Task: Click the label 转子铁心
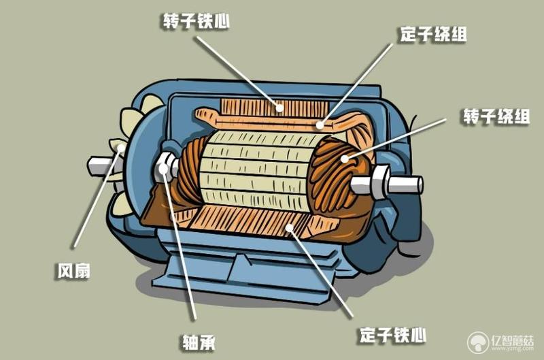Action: [197, 21]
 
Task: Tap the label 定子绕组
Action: [433, 34]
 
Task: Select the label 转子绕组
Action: [497, 116]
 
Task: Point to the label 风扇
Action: [73, 271]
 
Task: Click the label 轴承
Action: [199, 342]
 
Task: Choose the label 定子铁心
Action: [393, 335]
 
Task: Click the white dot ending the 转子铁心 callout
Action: [279, 108]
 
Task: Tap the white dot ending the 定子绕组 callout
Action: [320, 125]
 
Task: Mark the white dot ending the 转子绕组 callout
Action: [345, 159]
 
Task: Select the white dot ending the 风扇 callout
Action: [120, 148]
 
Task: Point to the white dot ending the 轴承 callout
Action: [163, 169]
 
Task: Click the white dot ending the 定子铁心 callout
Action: [288, 228]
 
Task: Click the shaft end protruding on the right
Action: [405, 184]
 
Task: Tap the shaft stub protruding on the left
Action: [99, 166]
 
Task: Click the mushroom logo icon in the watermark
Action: [478, 342]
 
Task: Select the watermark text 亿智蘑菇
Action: [512, 340]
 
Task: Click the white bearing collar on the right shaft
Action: [380, 182]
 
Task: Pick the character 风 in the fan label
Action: [65, 271]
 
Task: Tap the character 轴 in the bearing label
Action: [190, 342]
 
